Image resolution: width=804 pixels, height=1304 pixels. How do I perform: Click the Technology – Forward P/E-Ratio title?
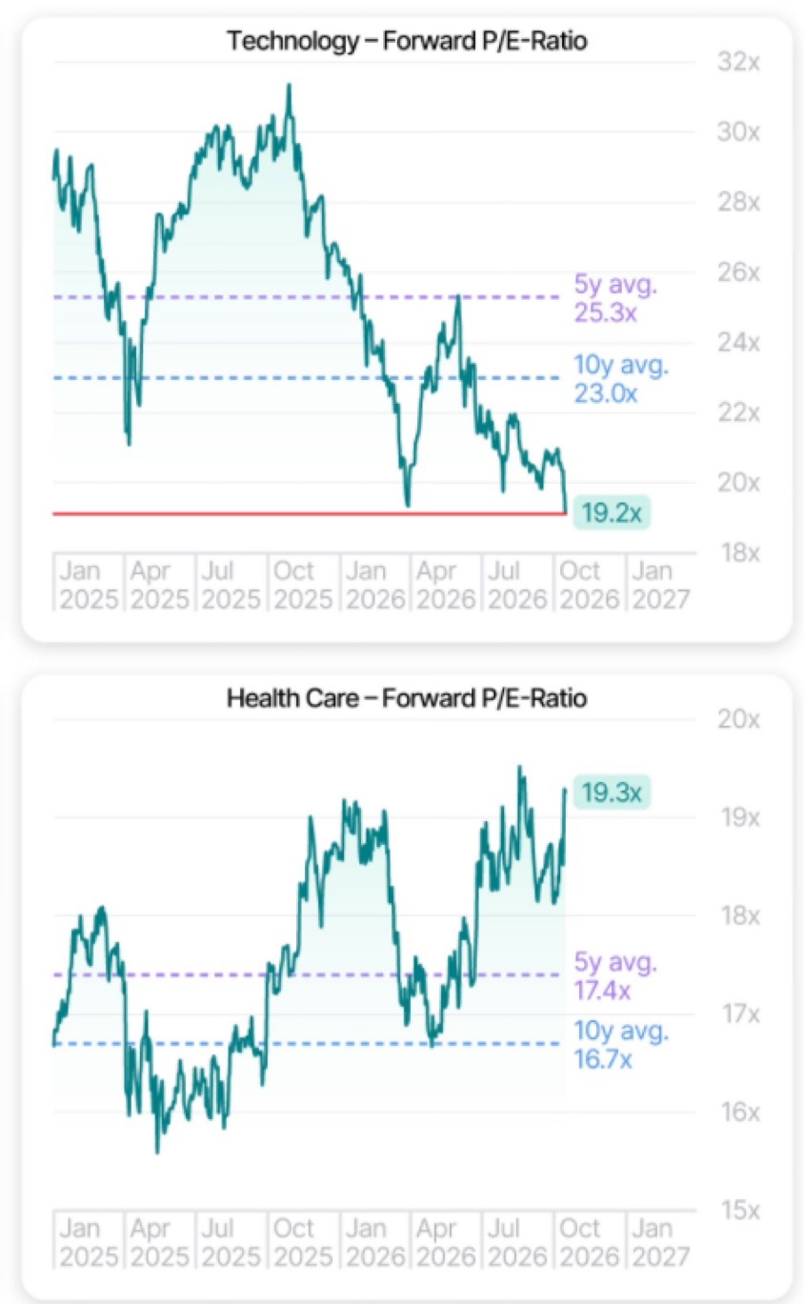click(x=407, y=41)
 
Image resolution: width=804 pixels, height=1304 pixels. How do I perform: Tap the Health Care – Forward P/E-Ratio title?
click(x=407, y=698)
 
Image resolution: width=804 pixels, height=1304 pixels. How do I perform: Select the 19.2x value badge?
click(x=612, y=512)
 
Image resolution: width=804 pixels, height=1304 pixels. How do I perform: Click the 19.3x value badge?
click(x=612, y=792)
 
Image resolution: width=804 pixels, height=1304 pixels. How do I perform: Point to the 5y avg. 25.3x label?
click(x=615, y=299)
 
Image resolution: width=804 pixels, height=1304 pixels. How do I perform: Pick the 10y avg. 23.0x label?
click(x=620, y=379)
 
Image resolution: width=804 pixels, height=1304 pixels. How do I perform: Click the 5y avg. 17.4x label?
click(x=615, y=975)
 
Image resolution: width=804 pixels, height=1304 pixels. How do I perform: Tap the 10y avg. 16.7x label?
click(x=620, y=1044)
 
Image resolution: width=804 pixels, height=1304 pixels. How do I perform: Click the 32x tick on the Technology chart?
click(x=738, y=62)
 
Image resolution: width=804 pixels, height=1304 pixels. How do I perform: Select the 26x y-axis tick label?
click(x=738, y=271)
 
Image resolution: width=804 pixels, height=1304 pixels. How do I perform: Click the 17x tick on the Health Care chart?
click(x=740, y=1014)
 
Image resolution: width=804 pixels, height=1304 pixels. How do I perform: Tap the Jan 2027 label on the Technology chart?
click(x=660, y=585)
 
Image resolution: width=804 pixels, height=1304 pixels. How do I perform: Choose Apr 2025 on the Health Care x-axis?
click(x=159, y=1242)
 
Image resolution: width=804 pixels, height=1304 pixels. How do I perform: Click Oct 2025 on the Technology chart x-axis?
click(x=303, y=585)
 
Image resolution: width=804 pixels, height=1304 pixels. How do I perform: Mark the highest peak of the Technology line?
click(x=289, y=85)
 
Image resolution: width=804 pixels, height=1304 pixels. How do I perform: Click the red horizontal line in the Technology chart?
click(x=310, y=513)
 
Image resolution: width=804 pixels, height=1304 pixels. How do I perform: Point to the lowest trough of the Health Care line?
click(x=157, y=1152)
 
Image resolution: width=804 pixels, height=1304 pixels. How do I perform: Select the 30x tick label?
click(x=738, y=132)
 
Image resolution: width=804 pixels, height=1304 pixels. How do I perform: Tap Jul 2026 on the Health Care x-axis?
click(x=517, y=1242)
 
